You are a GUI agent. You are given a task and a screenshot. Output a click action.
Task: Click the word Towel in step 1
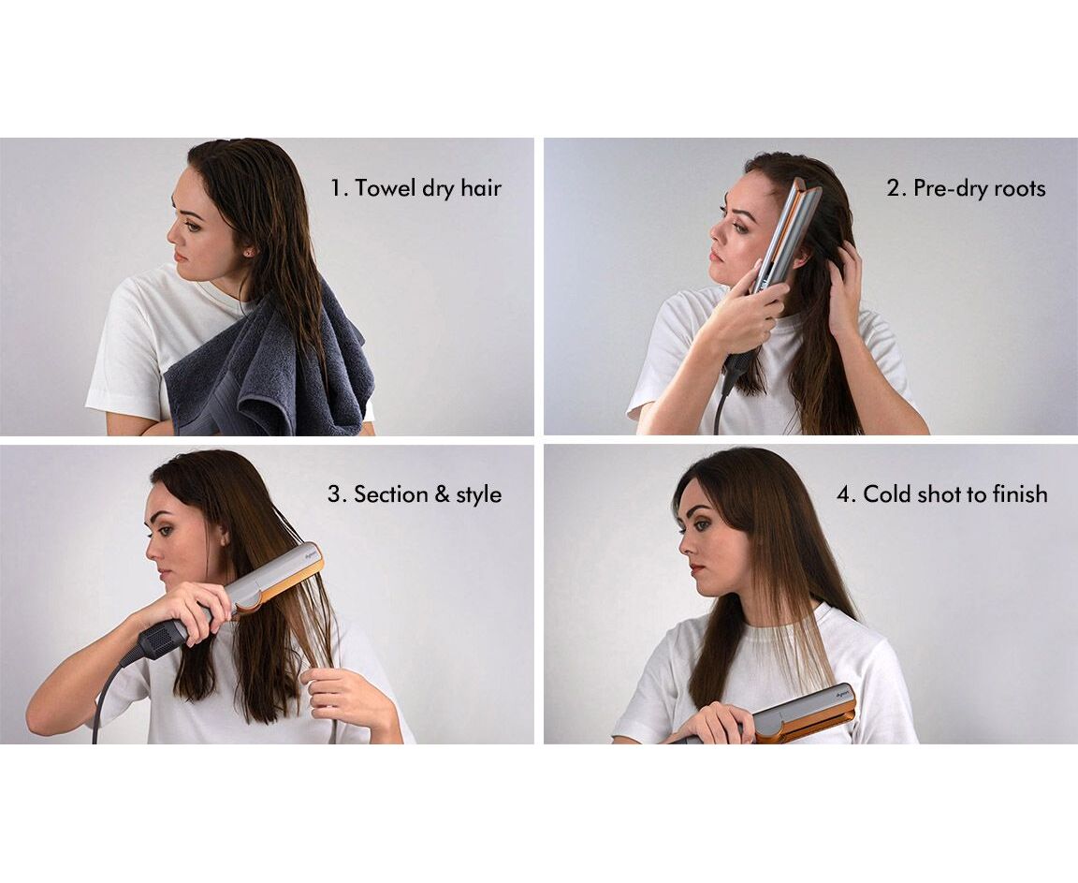(385, 187)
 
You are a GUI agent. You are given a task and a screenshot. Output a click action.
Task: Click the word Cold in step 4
(890, 493)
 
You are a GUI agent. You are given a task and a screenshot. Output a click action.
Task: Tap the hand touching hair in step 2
(846, 282)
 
